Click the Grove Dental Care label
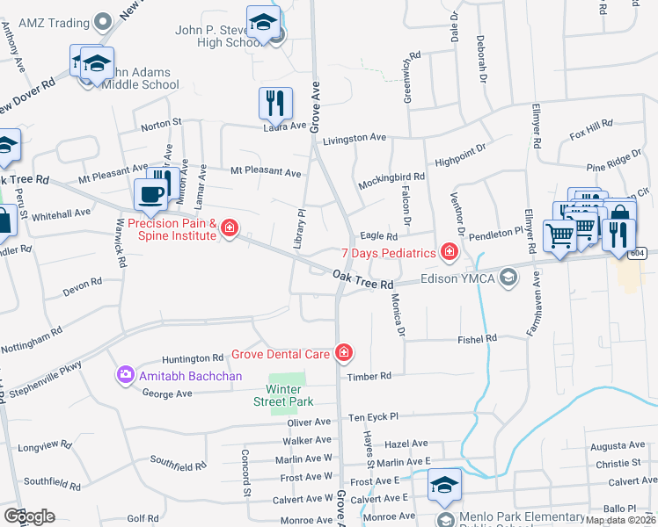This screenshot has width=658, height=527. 281,355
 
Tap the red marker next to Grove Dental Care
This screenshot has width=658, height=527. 343,354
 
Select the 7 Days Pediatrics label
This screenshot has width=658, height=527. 388,253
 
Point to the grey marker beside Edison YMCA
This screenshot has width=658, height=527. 508,278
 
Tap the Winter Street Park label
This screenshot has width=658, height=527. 290,395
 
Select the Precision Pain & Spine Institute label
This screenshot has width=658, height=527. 172,229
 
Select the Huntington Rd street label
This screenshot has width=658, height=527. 193,358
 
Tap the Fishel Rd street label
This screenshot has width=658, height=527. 478,338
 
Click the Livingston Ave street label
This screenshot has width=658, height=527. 355,139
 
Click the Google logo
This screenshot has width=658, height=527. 29,516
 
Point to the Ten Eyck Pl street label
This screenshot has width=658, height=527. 374,416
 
